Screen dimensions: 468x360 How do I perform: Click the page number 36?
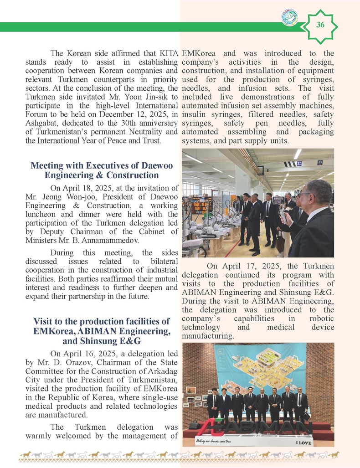pos(320,26)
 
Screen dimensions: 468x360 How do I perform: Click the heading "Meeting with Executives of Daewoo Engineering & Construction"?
pos(102,170)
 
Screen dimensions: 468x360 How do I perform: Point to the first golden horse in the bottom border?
pos(26,454)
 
